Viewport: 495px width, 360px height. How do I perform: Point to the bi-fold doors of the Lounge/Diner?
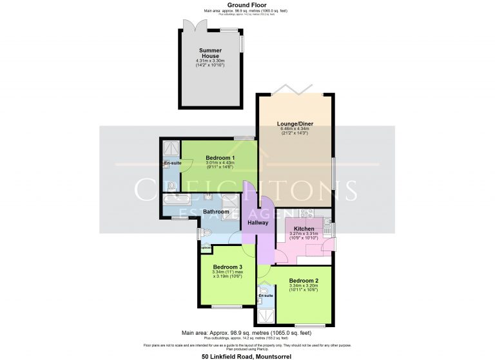pyautogui.click(x=295, y=90)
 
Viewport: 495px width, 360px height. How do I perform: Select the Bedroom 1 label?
pyautogui.click(x=220, y=158)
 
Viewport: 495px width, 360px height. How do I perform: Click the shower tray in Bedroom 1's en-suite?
pyautogui.click(x=171, y=148)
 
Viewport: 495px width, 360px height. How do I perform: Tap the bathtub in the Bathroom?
pyautogui.click(x=176, y=200)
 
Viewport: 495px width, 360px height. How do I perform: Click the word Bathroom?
pyautogui.click(x=216, y=211)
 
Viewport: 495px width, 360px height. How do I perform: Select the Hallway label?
pyautogui.click(x=258, y=223)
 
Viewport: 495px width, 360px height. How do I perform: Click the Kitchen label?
pyautogui.click(x=304, y=229)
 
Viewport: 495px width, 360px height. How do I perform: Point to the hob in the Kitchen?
pyautogui.click(x=305, y=213)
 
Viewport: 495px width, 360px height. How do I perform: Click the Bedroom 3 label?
pyautogui.click(x=228, y=267)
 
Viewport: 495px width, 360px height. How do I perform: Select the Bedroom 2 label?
pyautogui.click(x=304, y=281)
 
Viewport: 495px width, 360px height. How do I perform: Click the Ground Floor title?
pyautogui.click(x=247, y=5)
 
